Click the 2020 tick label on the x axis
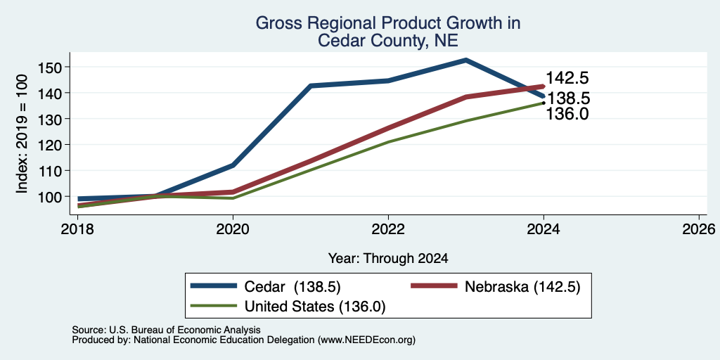(x=233, y=229)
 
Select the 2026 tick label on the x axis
(x=699, y=229)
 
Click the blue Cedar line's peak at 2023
(x=465, y=60)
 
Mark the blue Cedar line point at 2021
(x=310, y=86)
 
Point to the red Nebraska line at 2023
(x=465, y=97)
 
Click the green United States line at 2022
(x=388, y=142)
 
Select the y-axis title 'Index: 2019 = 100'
(x=22, y=134)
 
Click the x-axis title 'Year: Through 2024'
(x=388, y=259)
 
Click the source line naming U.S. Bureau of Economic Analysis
(x=166, y=330)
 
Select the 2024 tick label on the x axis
(x=544, y=229)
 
